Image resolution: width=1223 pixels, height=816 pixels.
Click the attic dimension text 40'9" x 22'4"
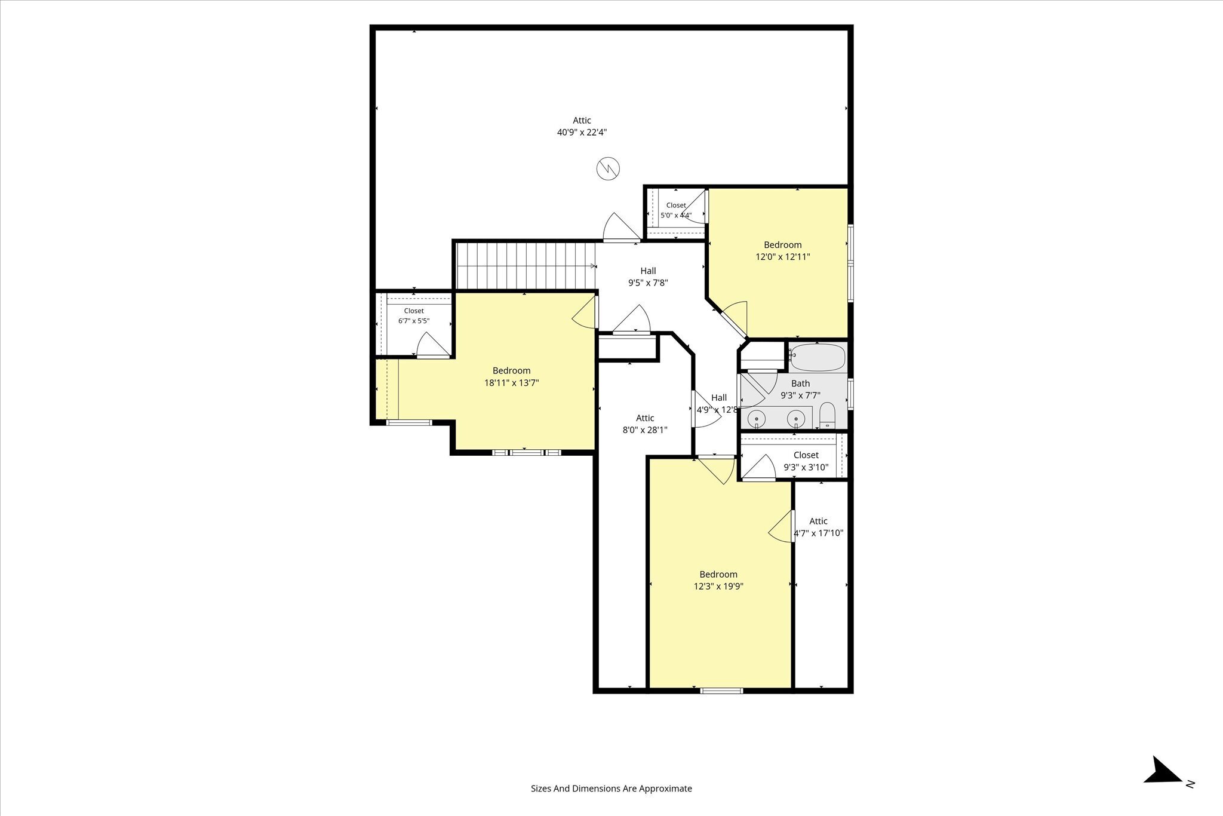pyautogui.click(x=582, y=133)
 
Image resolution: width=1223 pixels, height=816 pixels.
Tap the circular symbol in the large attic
pyautogui.click(x=609, y=168)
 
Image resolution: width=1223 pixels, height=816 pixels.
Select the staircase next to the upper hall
pyautogui.click(x=526, y=266)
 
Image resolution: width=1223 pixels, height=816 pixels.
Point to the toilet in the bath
pyautogui.click(x=827, y=416)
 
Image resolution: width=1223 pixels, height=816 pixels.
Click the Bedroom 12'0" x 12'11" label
pyautogui.click(x=782, y=251)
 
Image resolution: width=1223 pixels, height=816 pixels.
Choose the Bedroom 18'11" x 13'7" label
pyautogui.click(x=511, y=377)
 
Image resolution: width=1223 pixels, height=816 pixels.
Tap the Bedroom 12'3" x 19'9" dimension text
pyautogui.click(x=718, y=587)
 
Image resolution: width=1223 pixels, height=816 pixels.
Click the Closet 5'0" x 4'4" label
pyautogui.click(x=676, y=210)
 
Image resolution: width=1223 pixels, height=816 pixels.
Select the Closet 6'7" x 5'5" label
pyautogui.click(x=414, y=316)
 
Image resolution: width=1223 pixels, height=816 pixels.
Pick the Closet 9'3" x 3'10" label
pyautogui.click(x=806, y=461)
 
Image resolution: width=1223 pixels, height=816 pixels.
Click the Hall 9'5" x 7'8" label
pyautogui.click(x=648, y=277)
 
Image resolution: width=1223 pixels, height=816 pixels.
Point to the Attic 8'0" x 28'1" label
pyautogui.click(x=645, y=424)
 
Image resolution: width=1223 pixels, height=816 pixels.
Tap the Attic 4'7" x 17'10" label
pyautogui.click(x=818, y=527)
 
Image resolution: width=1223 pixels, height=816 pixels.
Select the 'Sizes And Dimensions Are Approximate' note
pyautogui.click(x=611, y=789)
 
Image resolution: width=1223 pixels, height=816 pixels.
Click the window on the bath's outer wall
pyautogui.click(x=850, y=394)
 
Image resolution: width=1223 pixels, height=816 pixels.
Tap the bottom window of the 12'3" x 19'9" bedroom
pyautogui.click(x=721, y=691)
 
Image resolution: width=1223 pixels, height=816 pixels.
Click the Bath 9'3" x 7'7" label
pyautogui.click(x=801, y=389)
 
